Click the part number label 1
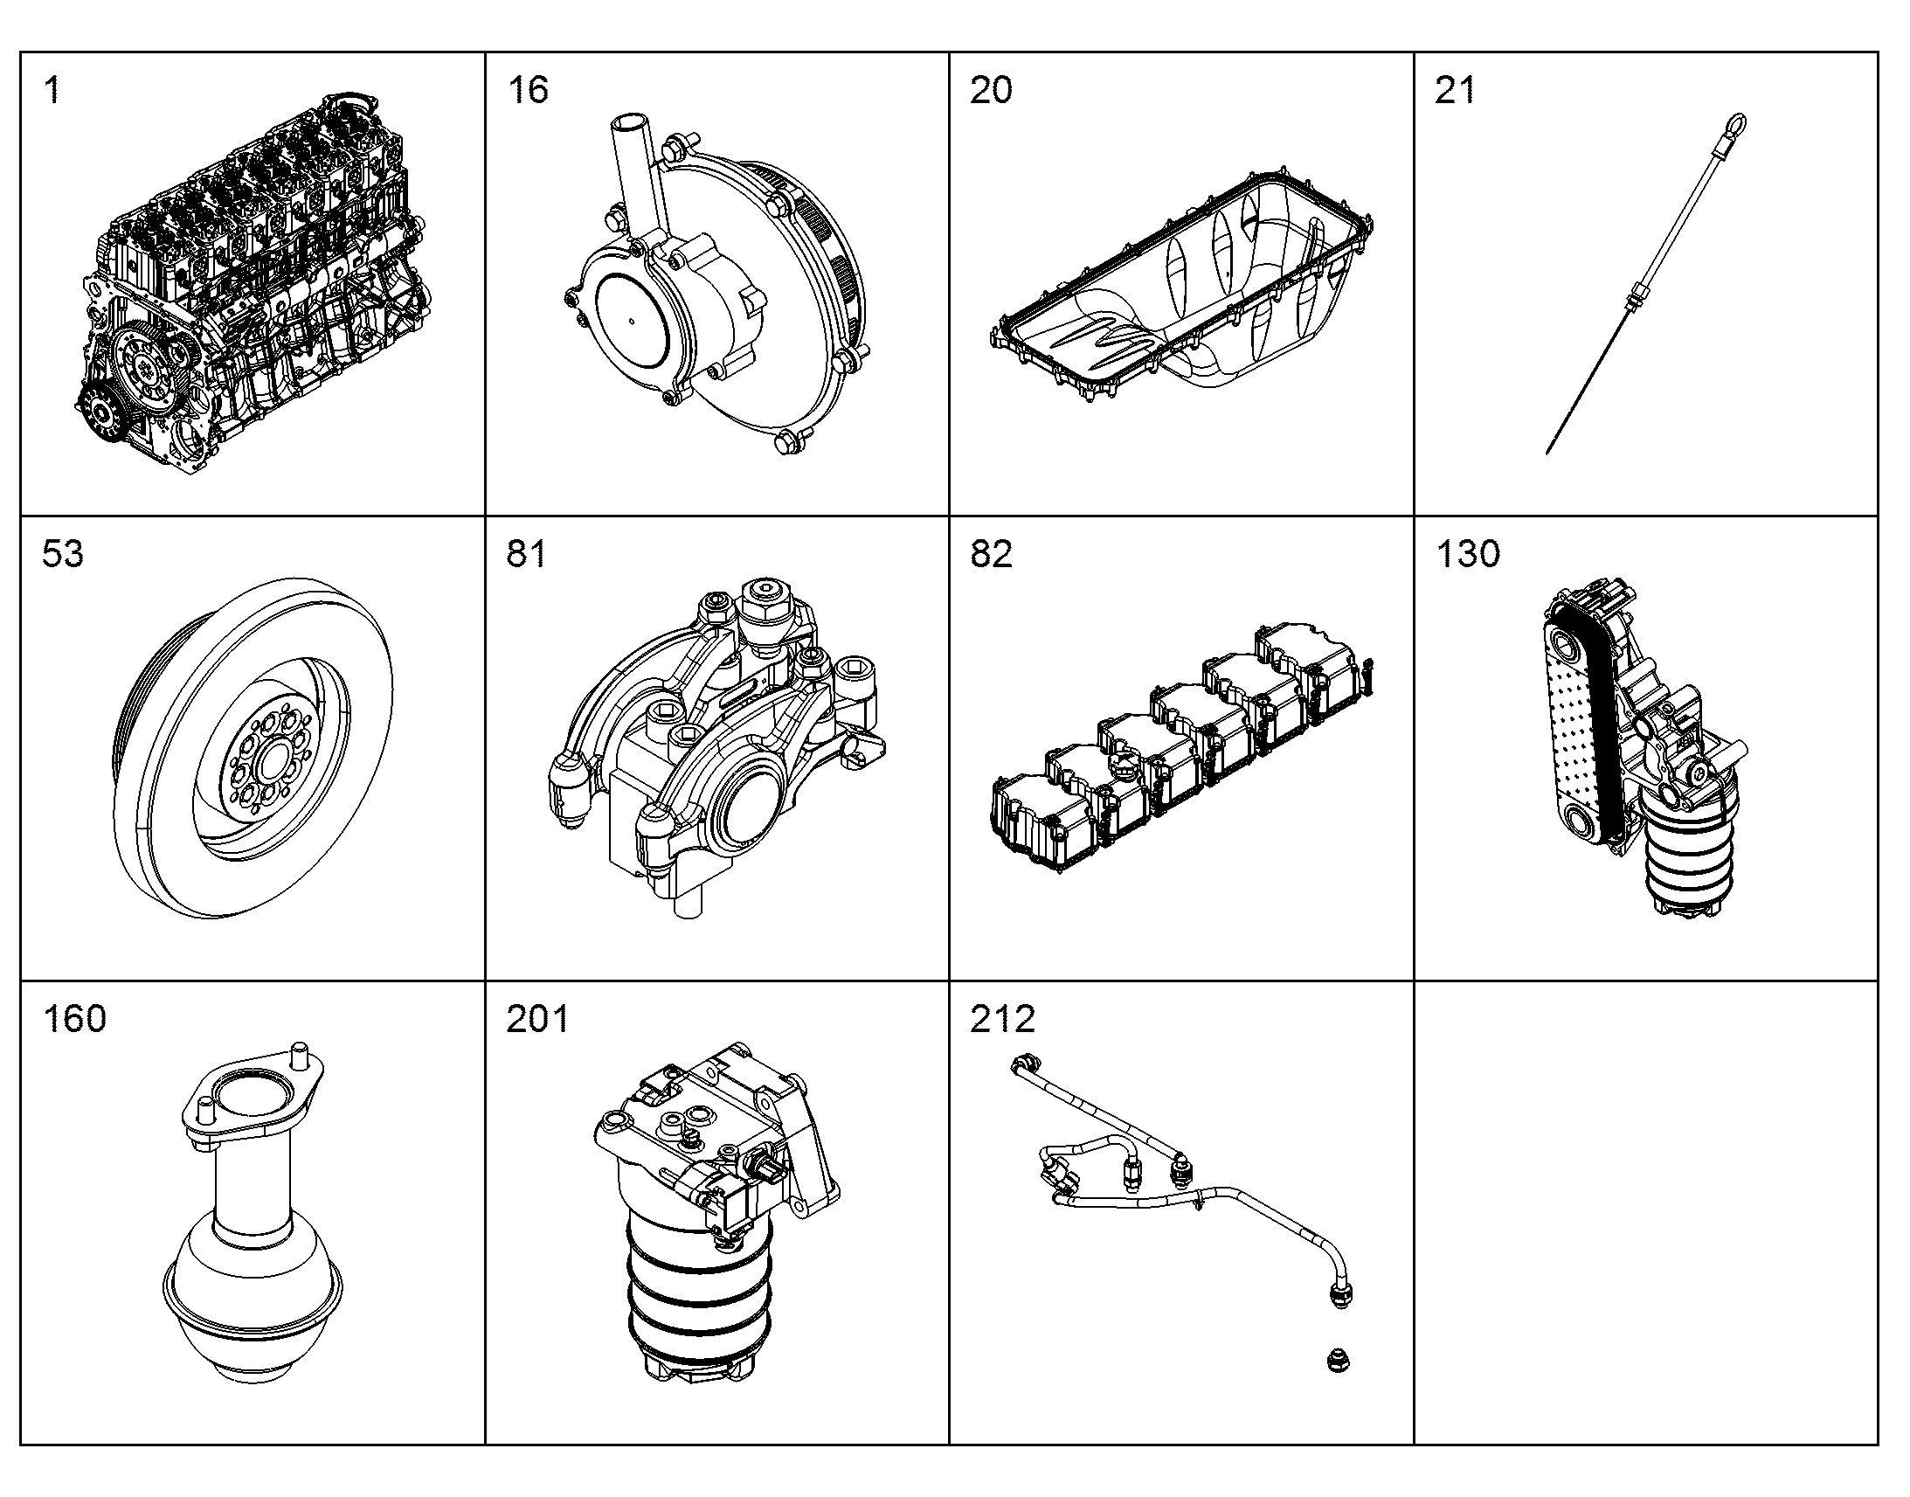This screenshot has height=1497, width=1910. pos(52,90)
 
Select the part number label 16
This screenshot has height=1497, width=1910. pos(528,90)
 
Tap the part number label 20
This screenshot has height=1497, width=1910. pos(991,90)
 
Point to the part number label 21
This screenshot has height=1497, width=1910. pos(1456,90)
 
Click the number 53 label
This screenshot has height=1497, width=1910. pos(63,554)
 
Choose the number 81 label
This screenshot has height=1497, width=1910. pos(527,554)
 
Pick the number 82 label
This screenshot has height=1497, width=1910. pos(991,554)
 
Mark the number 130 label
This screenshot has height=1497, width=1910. pos(1468,554)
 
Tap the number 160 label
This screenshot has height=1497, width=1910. pos(75,1019)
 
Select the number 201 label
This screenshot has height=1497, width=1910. pos(538,1019)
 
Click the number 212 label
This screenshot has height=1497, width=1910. pos(1002,1019)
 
